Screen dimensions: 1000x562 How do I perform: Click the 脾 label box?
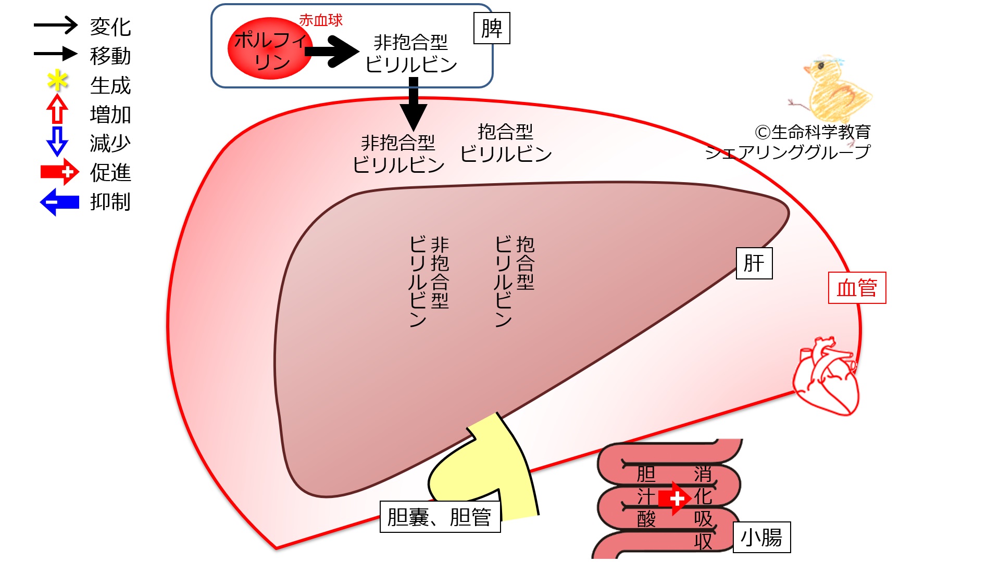(x=492, y=28)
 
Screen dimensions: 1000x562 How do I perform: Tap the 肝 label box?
(x=754, y=263)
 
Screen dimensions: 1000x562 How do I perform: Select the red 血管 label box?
(x=857, y=288)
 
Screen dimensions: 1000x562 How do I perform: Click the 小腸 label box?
(x=761, y=537)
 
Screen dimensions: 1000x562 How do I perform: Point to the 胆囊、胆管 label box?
(x=440, y=517)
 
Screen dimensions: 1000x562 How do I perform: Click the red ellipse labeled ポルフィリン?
(x=270, y=49)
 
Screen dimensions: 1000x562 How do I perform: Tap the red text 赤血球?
(x=321, y=20)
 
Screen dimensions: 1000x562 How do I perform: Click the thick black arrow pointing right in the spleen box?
(x=332, y=52)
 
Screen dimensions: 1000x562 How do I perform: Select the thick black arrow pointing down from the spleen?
(x=414, y=104)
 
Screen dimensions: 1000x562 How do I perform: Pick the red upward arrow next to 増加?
(x=57, y=109)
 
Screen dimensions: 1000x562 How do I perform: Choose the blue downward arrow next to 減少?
(x=57, y=141)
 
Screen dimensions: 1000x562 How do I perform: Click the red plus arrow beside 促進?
(x=60, y=172)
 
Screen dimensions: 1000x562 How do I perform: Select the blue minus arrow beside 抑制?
(x=59, y=201)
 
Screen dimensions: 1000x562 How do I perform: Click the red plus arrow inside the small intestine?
(x=675, y=499)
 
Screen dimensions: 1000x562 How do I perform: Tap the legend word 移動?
(x=110, y=56)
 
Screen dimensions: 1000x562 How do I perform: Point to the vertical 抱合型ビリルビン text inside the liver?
(x=515, y=281)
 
